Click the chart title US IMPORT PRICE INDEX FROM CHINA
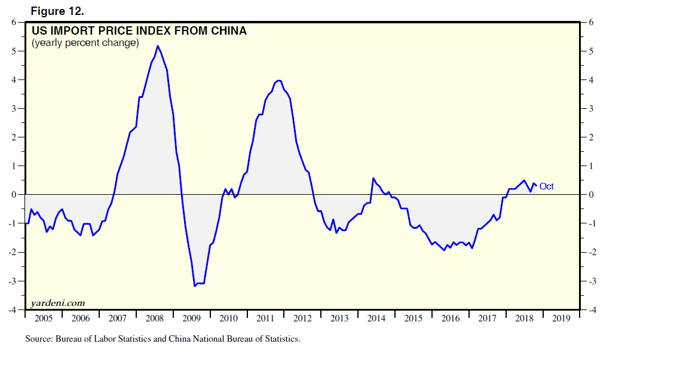click(139, 31)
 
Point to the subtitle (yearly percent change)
click(85, 43)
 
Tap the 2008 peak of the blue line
click(157, 46)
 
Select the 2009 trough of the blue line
click(195, 286)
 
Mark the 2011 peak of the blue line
click(278, 81)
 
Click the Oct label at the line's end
click(546, 186)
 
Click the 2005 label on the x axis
click(43, 318)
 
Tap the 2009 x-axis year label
click(191, 318)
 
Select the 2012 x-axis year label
click(302, 318)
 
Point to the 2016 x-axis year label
click(451, 318)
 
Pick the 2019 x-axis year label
click(561, 318)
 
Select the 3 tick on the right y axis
click(592, 109)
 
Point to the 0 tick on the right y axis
click(592, 195)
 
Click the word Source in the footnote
click(38, 339)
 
